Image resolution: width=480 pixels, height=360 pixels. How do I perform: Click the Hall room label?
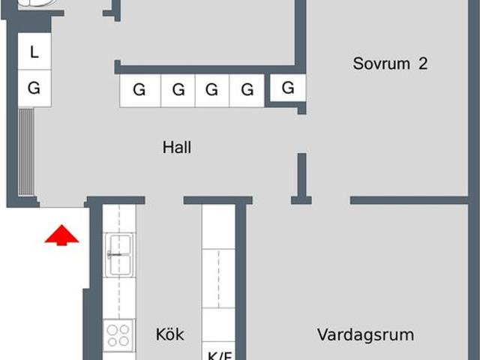point(177,148)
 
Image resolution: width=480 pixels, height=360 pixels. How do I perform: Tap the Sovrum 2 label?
point(390,64)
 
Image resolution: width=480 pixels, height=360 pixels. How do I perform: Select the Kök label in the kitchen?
point(169,334)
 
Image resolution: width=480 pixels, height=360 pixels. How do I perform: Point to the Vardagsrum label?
point(365,334)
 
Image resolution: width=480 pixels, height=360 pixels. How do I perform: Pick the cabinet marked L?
point(34,52)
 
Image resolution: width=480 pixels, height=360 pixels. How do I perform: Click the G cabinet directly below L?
point(34,88)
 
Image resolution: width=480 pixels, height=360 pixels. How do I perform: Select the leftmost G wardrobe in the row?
point(139,91)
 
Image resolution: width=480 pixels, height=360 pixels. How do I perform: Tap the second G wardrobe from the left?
point(178,91)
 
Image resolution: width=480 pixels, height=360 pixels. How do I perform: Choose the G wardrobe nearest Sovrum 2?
point(288,88)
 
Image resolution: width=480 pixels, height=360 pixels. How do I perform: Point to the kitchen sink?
point(119,253)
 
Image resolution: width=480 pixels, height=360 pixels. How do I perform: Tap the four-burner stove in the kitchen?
point(119,334)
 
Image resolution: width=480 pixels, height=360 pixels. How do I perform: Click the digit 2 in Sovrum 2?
point(423,64)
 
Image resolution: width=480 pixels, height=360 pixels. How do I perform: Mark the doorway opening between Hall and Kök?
point(164,201)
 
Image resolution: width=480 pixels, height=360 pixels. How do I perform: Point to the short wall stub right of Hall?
point(301,174)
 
